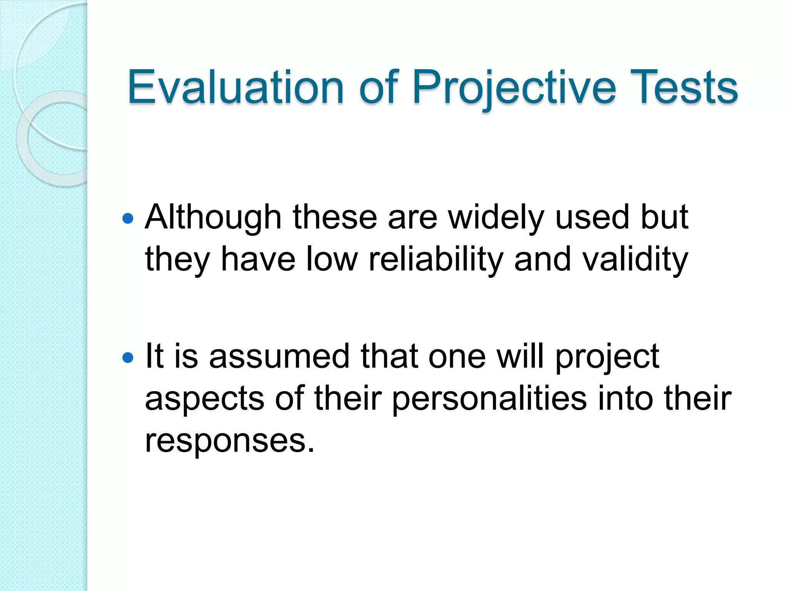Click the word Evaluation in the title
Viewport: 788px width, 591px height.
point(235,88)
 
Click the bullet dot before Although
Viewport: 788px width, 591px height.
point(127,219)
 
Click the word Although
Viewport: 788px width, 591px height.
point(213,218)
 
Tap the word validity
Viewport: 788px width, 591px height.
point(635,260)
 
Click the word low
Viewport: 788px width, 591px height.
point(332,259)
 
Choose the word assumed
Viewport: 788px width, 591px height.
point(279,356)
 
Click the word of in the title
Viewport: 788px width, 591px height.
point(377,88)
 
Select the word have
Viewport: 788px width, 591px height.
point(258,259)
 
